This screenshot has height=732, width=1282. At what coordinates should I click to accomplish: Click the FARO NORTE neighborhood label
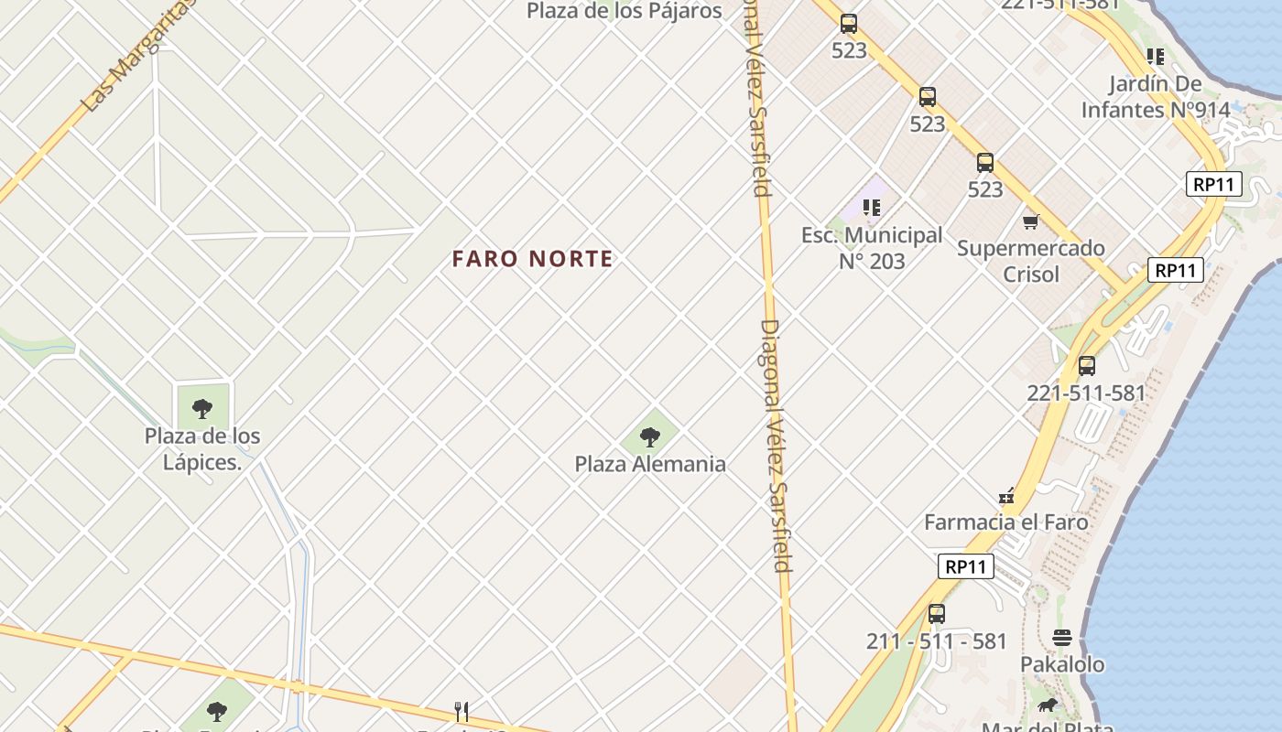point(532,259)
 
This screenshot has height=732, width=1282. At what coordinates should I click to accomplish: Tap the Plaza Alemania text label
point(650,464)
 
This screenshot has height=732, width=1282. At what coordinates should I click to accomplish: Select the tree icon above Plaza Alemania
point(650,436)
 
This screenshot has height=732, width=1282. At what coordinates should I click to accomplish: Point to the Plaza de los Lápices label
point(202,448)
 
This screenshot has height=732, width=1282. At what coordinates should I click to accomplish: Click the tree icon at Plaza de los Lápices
point(202,408)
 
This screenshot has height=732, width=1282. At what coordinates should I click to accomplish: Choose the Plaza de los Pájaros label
point(625,11)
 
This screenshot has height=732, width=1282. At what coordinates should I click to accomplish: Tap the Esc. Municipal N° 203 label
point(872,248)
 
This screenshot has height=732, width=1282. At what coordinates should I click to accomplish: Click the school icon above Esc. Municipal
point(871,208)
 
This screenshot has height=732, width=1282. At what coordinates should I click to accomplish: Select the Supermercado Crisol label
point(1031,261)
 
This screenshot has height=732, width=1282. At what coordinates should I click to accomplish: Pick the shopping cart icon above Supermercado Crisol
point(1031,221)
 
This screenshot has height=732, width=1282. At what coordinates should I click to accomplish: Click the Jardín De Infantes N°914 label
point(1156,97)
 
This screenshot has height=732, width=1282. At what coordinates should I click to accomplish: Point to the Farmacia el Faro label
point(1006,522)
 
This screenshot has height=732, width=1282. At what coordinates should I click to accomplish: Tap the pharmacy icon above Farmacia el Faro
point(1006,497)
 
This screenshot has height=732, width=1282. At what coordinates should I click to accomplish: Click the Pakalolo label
point(1062,664)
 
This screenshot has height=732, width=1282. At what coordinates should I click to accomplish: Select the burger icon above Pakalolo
point(1062,637)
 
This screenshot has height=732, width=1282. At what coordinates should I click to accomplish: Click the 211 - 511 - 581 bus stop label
point(936,641)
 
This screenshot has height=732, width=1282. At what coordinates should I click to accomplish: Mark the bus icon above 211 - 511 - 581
point(936,614)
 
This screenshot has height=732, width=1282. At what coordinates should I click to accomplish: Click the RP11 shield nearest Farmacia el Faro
point(966,566)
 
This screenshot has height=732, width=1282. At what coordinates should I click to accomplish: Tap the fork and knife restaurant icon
point(462,711)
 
